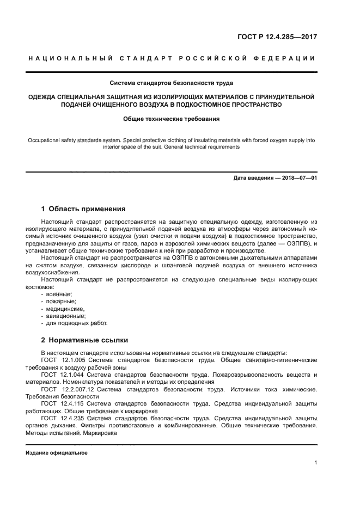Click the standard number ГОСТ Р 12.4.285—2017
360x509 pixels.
(x=277, y=38)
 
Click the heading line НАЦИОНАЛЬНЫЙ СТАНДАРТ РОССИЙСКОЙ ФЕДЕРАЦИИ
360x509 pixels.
(x=172, y=58)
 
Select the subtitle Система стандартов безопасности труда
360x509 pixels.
(x=172, y=83)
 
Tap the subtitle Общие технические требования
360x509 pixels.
(x=172, y=118)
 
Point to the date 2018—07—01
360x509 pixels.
(x=296, y=178)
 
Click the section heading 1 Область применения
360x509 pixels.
(x=84, y=208)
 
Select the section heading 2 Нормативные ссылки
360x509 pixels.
(x=85, y=340)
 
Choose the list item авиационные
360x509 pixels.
(x=65, y=315)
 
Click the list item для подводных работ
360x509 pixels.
(x=73, y=322)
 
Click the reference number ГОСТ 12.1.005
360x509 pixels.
(x=61, y=360)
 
